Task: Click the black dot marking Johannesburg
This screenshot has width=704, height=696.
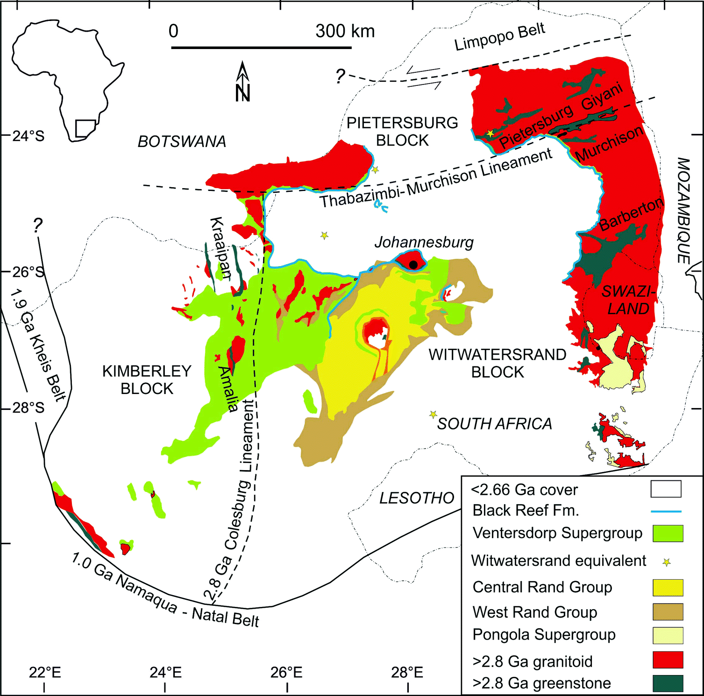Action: [413, 265]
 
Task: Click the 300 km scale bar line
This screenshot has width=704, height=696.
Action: [261, 47]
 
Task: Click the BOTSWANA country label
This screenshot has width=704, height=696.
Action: [182, 141]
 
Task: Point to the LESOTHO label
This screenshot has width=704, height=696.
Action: [417, 499]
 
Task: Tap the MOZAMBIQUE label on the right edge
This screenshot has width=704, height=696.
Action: [683, 211]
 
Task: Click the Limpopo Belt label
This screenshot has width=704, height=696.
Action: [499, 36]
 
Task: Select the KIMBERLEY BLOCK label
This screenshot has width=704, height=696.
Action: [147, 380]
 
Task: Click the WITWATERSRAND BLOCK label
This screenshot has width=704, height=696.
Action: [498, 363]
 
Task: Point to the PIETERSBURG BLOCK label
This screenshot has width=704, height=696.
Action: [402, 131]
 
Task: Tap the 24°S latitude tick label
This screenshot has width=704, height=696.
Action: [28, 136]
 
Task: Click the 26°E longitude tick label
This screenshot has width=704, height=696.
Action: [286, 673]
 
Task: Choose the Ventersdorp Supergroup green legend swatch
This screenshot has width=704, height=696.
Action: [668, 533]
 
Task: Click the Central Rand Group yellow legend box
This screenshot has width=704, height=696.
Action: [668, 587]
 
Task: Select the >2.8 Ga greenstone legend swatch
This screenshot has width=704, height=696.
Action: [668, 683]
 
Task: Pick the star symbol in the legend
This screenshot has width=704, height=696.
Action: [667, 562]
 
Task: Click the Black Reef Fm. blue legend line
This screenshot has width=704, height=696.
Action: [666, 512]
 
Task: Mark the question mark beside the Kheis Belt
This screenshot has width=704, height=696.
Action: [38, 226]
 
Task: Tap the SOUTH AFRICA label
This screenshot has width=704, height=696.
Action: [494, 424]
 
